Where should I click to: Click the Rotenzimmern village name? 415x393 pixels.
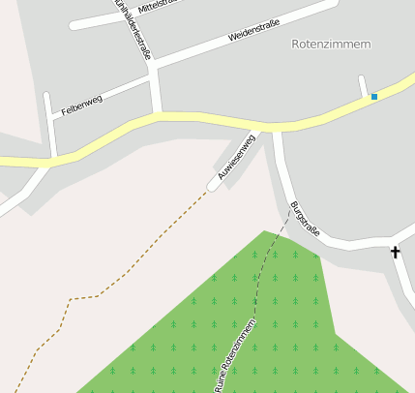[x=331, y=45]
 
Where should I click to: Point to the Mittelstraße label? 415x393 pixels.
[x=160, y=7]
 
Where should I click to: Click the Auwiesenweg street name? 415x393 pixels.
[x=236, y=158]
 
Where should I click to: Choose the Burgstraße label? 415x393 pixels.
[x=304, y=220]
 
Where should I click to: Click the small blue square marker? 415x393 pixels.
[x=373, y=97]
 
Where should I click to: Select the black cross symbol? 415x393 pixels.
[x=395, y=253]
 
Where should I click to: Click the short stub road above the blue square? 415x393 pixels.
[x=363, y=86]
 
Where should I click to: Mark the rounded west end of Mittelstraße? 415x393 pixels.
[x=75, y=25]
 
